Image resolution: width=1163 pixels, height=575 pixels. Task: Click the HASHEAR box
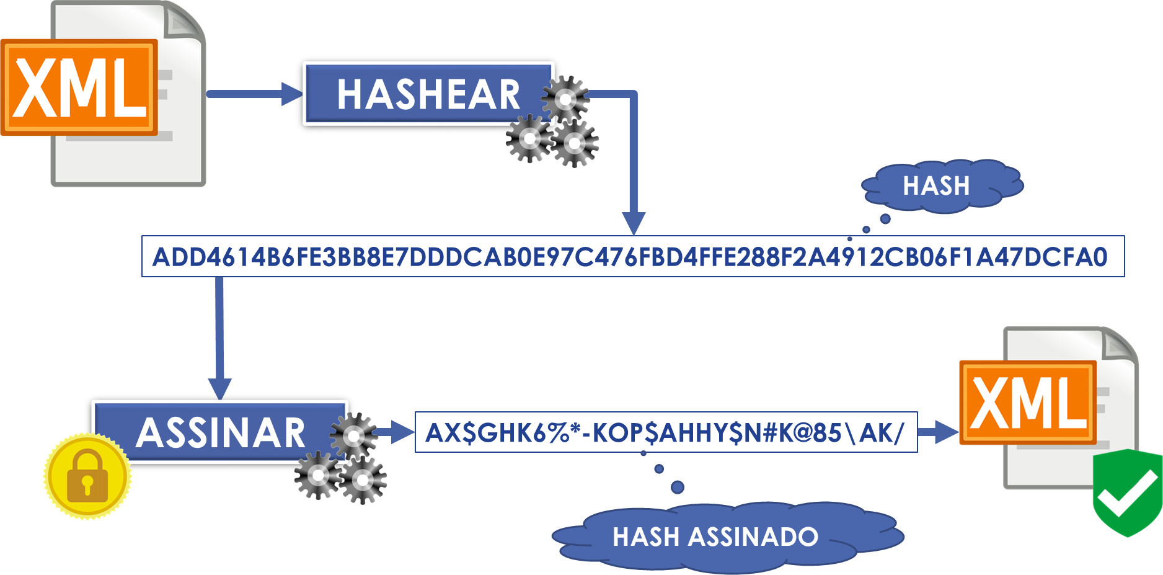click(x=428, y=94)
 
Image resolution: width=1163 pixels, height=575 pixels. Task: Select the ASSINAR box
click(x=220, y=432)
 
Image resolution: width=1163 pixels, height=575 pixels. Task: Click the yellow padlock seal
click(x=87, y=476)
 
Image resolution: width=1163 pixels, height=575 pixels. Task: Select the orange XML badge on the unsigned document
click(x=79, y=87)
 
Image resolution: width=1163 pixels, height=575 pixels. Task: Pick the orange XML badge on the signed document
click(x=1028, y=403)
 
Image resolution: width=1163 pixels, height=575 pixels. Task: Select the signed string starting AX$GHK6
click(x=665, y=432)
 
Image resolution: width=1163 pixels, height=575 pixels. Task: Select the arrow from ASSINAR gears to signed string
click(x=397, y=432)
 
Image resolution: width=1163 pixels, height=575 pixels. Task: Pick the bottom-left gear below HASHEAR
click(x=529, y=139)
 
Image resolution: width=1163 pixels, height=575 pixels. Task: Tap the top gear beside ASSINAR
click(x=353, y=435)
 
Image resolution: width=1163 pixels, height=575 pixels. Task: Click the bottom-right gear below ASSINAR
click(x=363, y=479)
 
